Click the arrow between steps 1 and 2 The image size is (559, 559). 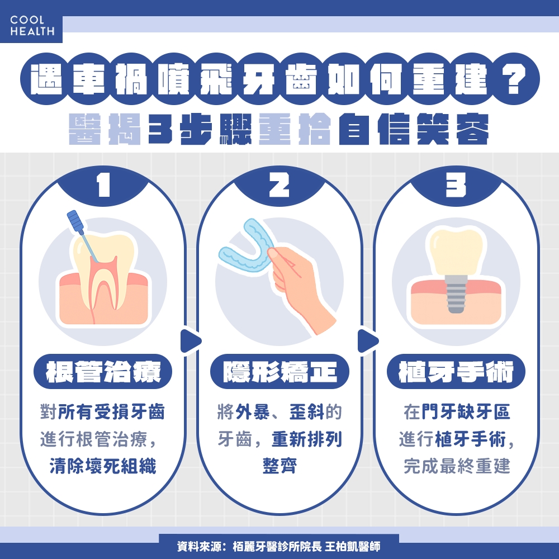pos(191,339)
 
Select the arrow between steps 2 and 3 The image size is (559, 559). pos(367,339)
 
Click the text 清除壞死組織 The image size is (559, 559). pos(103,466)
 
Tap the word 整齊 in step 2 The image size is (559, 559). pos(279,466)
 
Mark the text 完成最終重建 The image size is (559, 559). pos(456,466)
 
